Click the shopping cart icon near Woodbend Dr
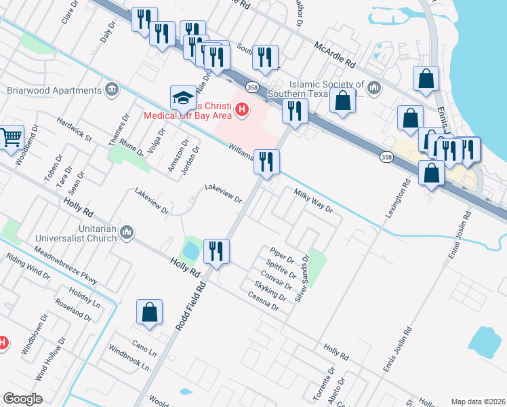point(12,138)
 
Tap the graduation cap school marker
point(183,98)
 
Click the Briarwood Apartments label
point(53,90)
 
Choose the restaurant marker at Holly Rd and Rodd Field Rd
point(216,252)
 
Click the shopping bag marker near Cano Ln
point(150,313)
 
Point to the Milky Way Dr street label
point(313,201)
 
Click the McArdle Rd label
point(335,55)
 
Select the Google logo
point(22,399)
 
